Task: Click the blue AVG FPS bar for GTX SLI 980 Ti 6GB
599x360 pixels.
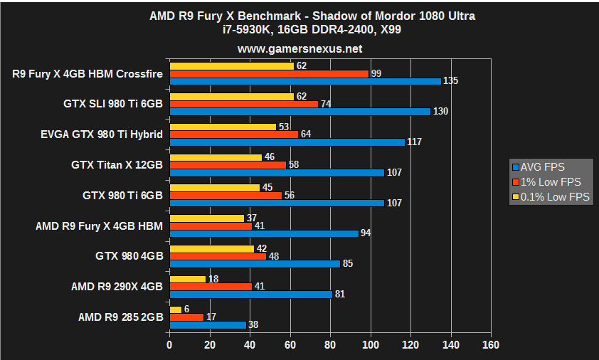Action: (x=299, y=112)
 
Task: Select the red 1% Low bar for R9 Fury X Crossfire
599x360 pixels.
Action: (x=269, y=73)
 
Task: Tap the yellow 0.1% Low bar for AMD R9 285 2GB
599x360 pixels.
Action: (x=175, y=309)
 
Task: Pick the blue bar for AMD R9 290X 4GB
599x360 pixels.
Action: (x=250, y=294)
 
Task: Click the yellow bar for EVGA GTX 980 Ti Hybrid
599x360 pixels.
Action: (x=222, y=127)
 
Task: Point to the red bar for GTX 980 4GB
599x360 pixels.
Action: (x=217, y=256)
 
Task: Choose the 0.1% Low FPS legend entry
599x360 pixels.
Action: (x=552, y=197)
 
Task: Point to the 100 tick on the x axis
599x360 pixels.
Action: (x=370, y=345)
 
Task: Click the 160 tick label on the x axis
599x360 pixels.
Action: (x=490, y=345)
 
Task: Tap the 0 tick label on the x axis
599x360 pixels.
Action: (x=169, y=345)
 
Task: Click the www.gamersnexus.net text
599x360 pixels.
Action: (x=299, y=49)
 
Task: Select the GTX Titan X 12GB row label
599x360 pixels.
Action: (x=117, y=165)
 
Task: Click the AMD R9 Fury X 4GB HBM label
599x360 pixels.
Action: (x=99, y=226)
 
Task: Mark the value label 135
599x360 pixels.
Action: (x=451, y=81)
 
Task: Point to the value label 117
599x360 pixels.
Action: (x=414, y=142)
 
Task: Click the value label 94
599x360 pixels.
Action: (x=366, y=233)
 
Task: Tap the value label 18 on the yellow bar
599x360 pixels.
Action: (x=213, y=279)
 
